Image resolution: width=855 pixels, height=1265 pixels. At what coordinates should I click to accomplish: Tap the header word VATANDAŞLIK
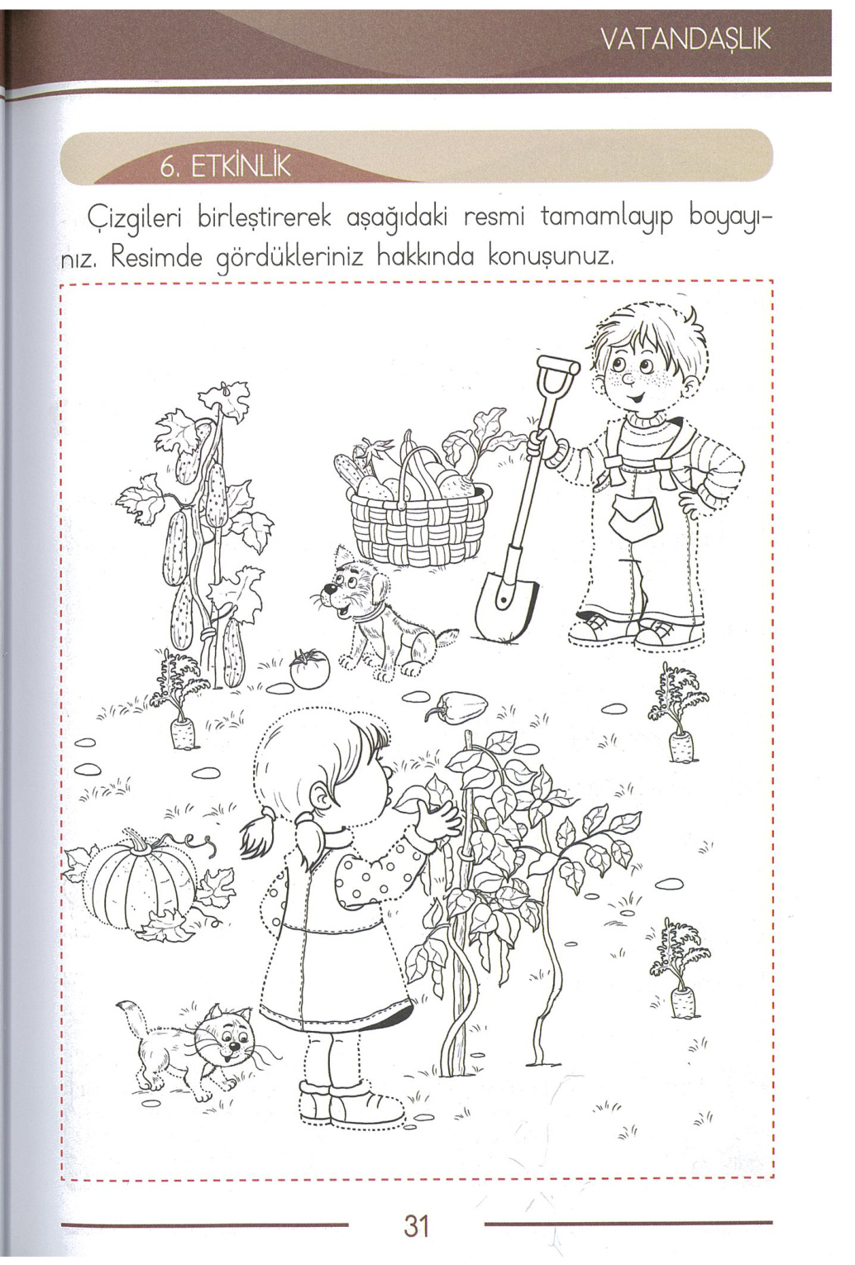[x=686, y=39]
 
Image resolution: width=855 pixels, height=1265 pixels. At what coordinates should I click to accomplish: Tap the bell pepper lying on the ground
[x=459, y=708]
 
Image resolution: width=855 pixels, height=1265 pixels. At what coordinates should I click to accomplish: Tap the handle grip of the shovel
[x=556, y=365]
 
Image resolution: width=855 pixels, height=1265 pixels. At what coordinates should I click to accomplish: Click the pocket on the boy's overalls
[x=636, y=518]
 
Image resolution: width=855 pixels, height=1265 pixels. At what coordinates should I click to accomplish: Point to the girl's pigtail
[x=258, y=833]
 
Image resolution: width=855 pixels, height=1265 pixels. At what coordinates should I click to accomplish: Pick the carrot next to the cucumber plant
[x=183, y=732]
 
